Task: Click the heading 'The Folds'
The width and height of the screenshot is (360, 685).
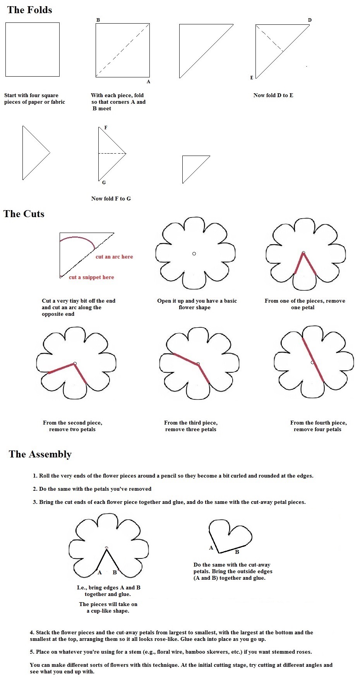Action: pos(30,10)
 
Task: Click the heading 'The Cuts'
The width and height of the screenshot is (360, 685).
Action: pos(24,214)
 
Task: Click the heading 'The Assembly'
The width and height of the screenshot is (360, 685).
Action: pos(40,454)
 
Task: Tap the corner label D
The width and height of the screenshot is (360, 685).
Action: pos(310,20)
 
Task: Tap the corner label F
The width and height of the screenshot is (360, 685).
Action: pos(106,128)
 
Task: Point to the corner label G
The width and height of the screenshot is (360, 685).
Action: pos(104,183)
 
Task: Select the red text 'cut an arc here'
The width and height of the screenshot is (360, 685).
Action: pos(114,257)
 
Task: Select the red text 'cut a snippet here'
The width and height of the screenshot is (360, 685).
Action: pos(91,277)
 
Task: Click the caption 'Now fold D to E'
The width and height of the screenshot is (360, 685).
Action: pos(273,95)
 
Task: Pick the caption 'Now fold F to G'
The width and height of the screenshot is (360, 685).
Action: pos(111,199)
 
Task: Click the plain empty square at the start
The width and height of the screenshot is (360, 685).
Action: pos(33,50)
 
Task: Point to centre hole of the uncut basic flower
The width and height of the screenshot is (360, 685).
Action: pos(194,254)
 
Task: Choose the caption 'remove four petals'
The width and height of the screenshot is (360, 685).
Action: pos(317,429)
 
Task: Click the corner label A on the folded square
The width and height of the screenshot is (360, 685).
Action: pos(148,82)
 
